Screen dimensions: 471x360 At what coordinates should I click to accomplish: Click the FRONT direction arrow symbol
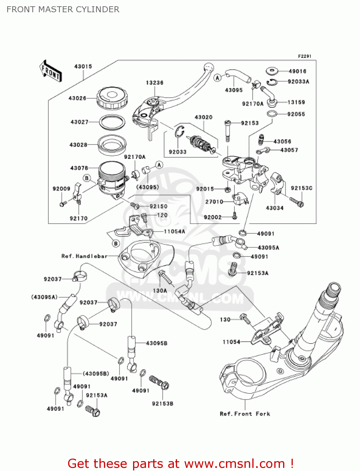coord(50,71)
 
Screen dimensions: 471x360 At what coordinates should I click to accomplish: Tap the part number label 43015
coord(83,67)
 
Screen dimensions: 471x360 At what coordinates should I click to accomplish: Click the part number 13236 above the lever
coord(154,83)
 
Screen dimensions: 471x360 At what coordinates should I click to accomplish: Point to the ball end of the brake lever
coord(208,67)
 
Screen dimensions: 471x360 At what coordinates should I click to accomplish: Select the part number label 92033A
coord(298,82)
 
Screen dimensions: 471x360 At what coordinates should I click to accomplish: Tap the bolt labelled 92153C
coord(297,202)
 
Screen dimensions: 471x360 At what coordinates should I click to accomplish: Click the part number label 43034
coord(275,208)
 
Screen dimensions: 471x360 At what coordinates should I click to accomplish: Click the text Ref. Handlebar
coord(84,256)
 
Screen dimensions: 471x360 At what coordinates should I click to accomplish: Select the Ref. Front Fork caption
coord(245,414)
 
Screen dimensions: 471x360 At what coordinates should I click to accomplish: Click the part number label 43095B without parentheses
coord(157,343)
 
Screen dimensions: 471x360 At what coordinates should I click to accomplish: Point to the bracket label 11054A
coord(175,231)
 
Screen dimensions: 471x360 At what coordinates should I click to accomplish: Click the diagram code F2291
coord(304,56)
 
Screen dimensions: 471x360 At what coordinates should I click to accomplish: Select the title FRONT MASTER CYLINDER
coord(63,9)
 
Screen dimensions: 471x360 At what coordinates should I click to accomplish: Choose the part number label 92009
coord(61,189)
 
